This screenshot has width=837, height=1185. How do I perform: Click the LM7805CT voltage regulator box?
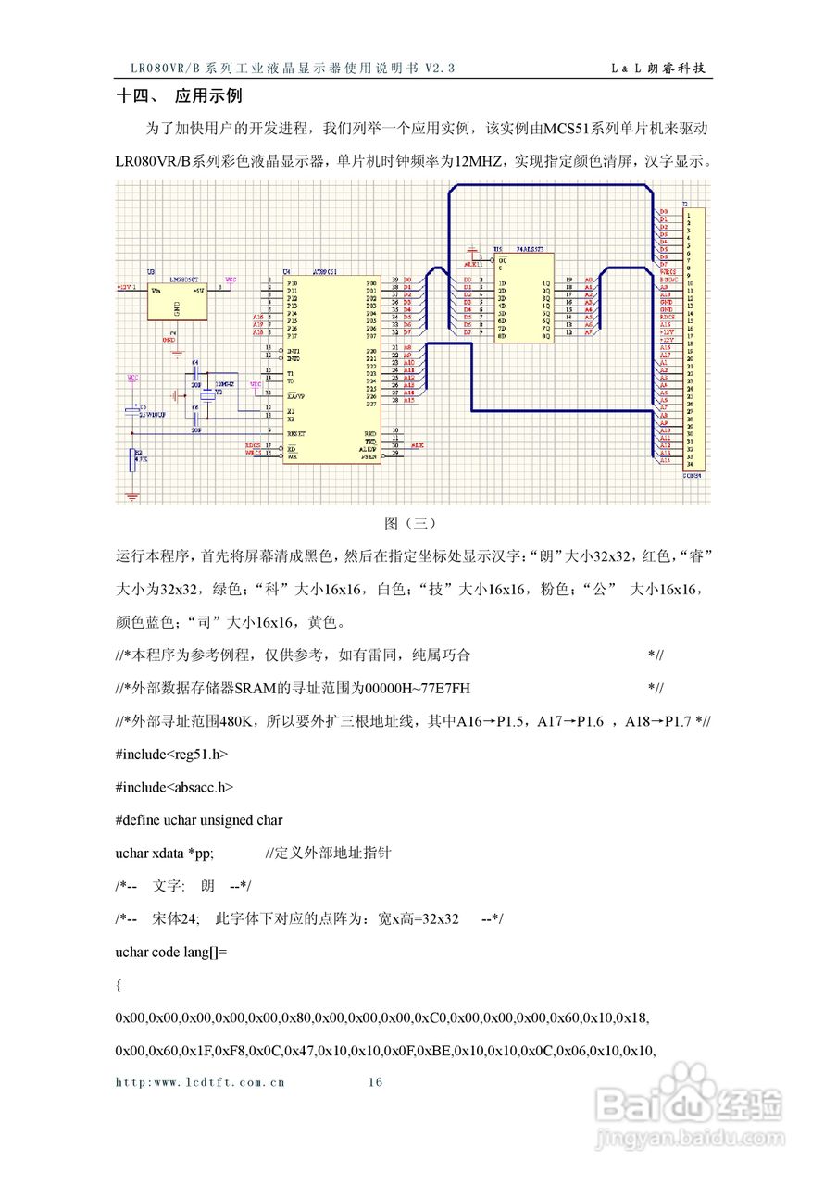[176, 298]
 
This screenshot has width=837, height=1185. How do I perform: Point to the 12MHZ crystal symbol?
[219, 394]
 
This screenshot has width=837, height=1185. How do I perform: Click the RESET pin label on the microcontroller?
[298, 432]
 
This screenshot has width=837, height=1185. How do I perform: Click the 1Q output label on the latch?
[546, 281]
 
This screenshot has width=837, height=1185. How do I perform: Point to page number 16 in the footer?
[375, 1081]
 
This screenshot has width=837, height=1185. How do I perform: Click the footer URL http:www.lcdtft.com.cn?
[200, 1081]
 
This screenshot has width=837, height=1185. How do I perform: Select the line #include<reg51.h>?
[171, 755]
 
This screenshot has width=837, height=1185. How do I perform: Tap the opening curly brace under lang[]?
[119, 986]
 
